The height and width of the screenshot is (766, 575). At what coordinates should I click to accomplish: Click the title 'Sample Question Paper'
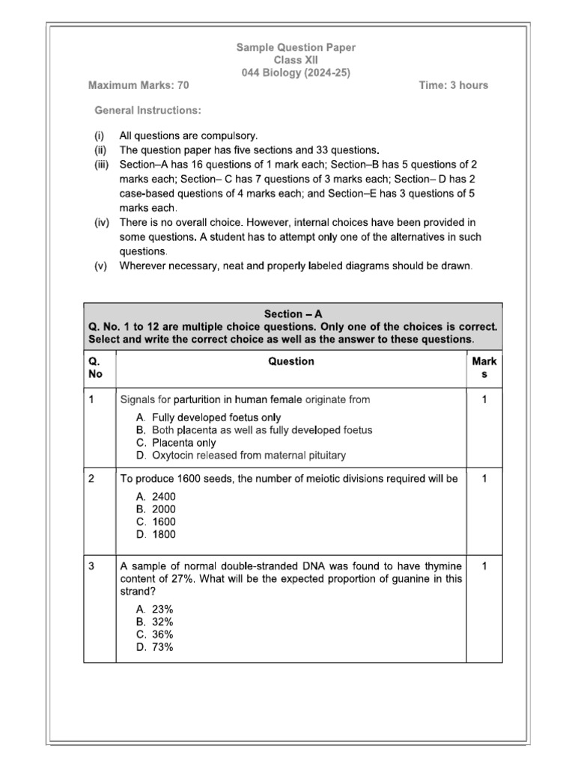pyautogui.click(x=296, y=47)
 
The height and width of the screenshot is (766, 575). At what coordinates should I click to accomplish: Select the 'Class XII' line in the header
pyautogui.click(x=296, y=60)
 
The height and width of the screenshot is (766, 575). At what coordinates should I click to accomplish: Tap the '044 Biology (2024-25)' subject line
pyautogui.click(x=296, y=73)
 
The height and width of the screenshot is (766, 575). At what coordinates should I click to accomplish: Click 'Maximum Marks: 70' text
pyautogui.click(x=139, y=85)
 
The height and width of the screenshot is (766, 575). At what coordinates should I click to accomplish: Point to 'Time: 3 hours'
pyautogui.click(x=453, y=85)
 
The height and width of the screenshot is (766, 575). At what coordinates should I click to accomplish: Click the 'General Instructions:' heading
pyautogui.click(x=147, y=111)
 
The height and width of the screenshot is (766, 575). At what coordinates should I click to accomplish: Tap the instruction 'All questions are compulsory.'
pyautogui.click(x=188, y=136)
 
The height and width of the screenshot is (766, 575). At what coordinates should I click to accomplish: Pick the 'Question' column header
pyautogui.click(x=291, y=361)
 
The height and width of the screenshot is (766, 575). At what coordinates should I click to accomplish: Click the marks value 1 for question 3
pyautogui.click(x=484, y=567)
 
